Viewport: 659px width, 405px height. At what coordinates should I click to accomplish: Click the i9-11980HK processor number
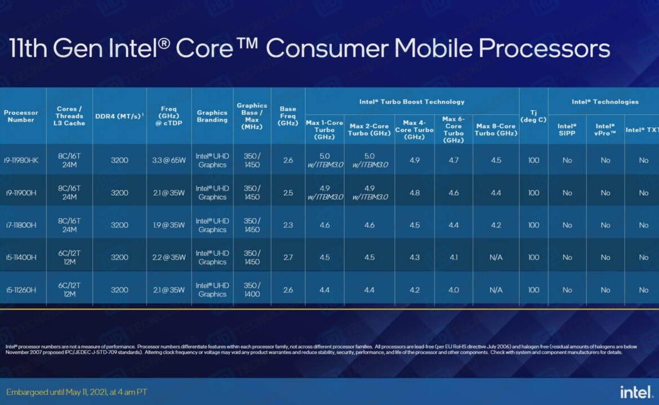[x=21, y=160]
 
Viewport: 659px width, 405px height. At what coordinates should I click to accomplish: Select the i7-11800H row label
[x=21, y=225]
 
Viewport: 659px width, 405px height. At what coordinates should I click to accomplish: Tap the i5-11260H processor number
[x=21, y=290]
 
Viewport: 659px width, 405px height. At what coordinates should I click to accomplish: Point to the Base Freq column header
[x=288, y=116]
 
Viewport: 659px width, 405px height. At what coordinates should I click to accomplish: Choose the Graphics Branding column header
[x=212, y=116]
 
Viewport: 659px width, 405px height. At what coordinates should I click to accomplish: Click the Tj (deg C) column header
[x=533, y=116]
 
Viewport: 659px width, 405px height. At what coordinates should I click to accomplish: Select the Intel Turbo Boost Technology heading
[x=412, y=102]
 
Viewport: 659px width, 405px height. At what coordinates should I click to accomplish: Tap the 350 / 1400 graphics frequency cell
[x=252, y=290]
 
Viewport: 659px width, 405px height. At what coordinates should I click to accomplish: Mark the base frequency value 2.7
[x=288, y=258]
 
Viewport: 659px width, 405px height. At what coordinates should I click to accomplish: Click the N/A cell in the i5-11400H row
[x=496, y=258]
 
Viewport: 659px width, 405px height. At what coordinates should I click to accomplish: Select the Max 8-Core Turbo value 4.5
[x=496, y=160]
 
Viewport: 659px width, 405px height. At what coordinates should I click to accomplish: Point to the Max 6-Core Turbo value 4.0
[x=453, y=290]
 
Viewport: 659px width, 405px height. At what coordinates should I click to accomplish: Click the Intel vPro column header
[x=605, y=130]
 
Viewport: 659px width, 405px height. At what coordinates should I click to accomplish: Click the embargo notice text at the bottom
[x=77, y=391]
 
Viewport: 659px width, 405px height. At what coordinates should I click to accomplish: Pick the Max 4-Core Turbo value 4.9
[x=415, y=160]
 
